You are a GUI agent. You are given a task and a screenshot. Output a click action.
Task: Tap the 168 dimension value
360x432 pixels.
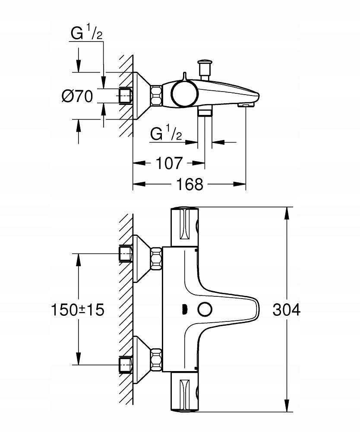[x=189, y=184]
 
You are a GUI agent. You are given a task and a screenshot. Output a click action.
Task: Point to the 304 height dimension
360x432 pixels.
[x=286, y=309]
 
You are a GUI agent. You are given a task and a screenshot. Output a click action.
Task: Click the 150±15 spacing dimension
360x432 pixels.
[x=78, y=309]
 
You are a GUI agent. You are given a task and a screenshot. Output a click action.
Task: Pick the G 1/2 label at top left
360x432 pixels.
[x=86, y=35]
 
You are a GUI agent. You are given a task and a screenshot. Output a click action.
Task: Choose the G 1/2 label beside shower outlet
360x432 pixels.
[x=166, y=134]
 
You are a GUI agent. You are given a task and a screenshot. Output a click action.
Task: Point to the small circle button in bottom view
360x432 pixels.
[x=204, y=310]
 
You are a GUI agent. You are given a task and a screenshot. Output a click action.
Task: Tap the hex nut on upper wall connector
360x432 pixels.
[x=156, y=258]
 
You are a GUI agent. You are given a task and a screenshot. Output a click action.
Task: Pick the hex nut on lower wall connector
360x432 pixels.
[x=156, y=359]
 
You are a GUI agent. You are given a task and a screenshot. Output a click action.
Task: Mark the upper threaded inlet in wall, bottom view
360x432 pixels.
[x=125, y=254]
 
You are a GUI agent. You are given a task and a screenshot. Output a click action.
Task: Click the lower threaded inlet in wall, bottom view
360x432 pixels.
[x=125, y=364]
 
